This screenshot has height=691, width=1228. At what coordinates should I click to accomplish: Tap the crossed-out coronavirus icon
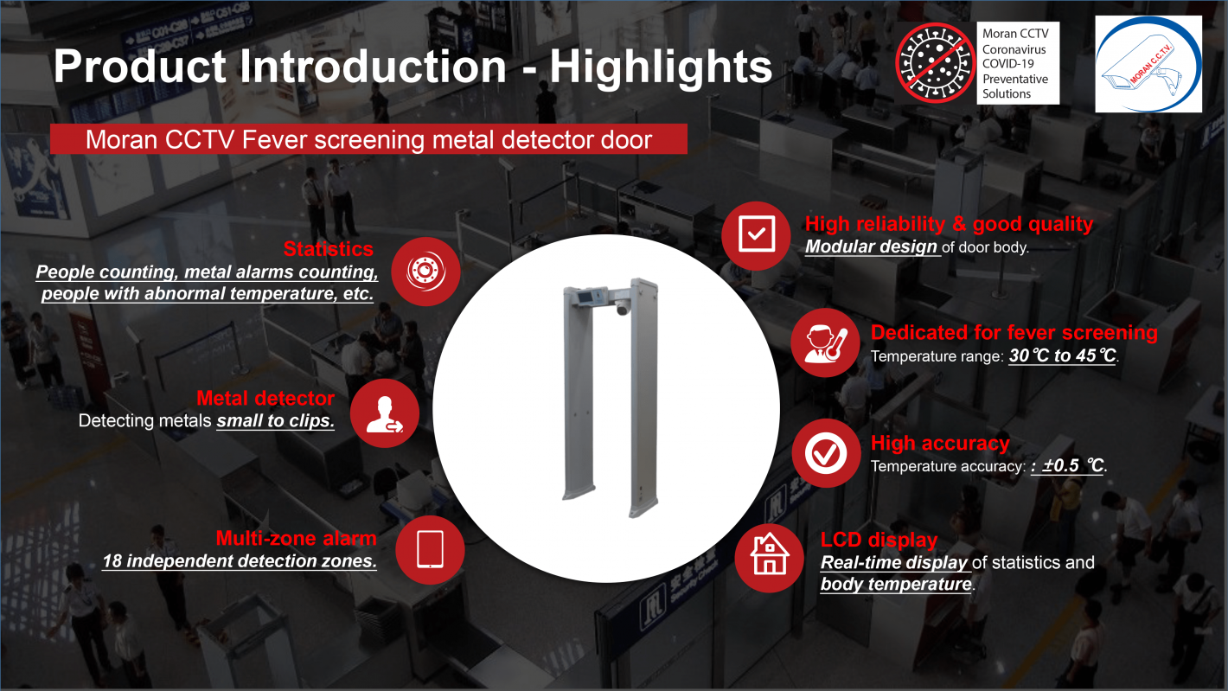(x=935, y=62)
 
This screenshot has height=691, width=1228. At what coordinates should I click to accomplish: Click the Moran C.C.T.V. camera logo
(x=1148, y=64)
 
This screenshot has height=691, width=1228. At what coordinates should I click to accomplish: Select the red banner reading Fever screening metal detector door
(x=368, y=139)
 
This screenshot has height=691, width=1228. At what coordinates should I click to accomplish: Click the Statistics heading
(x=329, y=249)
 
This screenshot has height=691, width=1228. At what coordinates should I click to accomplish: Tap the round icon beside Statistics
(x=426, y=271)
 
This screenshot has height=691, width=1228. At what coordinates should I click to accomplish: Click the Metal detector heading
(x=265, y=398)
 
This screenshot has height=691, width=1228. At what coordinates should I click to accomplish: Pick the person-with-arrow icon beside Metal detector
(x=385, y=413)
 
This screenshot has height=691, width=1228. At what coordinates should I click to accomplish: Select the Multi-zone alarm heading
(x=296, y=538)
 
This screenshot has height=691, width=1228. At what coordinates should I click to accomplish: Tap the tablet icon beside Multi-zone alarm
(x=431, y=549)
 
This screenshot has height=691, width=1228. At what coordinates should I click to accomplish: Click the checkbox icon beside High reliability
(x=756, y=235)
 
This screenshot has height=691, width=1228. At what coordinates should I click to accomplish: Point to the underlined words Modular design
(x=871, y=246)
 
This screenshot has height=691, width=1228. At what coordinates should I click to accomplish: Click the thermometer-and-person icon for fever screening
(x=825, y=342)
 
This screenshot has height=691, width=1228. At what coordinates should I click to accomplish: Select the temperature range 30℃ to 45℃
(x=1063, y=355)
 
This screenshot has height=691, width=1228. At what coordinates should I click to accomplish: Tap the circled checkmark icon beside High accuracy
(x=826, y=453)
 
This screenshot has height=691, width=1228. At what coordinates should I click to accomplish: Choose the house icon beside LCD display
(x=769, y=558)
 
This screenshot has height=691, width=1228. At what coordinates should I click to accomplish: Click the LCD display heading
(x=879, y=540)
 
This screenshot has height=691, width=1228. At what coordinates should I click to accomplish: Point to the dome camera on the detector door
(x=623, y=308)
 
